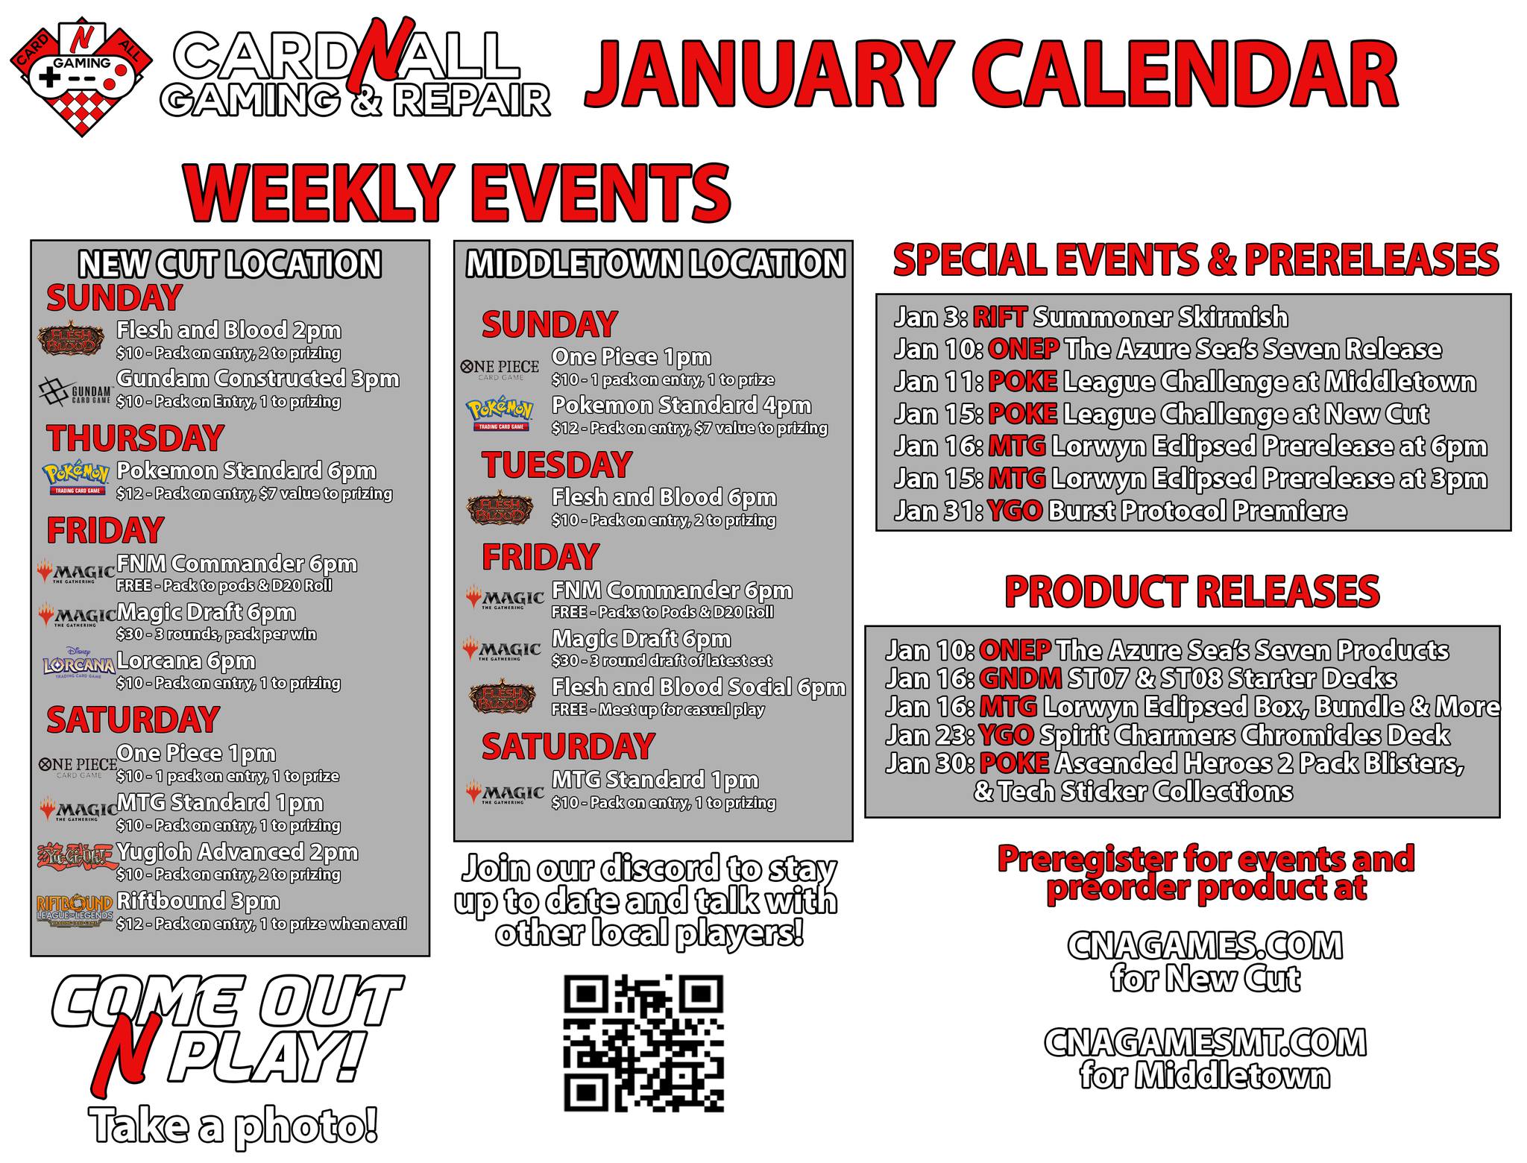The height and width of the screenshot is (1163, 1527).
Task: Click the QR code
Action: pos(643,1044)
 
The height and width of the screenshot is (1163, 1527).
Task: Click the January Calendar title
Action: pos(991,75)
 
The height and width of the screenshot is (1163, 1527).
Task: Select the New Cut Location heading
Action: pos(230,264)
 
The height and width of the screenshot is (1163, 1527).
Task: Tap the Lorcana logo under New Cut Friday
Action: pos(78,663)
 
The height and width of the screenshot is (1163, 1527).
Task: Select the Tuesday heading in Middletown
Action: pos(557,465)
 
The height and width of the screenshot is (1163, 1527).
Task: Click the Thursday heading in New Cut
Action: pos(135,438)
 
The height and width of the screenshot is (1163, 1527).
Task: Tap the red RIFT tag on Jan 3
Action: pos(1000,317)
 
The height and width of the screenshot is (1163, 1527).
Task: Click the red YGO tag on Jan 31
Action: pos(1015,511)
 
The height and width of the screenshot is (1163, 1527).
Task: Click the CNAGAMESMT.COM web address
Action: pos(1205,1042)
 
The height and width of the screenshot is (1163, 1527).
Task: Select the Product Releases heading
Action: pos(1191,592)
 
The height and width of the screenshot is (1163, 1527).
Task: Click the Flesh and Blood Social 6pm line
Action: pos(699,687)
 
